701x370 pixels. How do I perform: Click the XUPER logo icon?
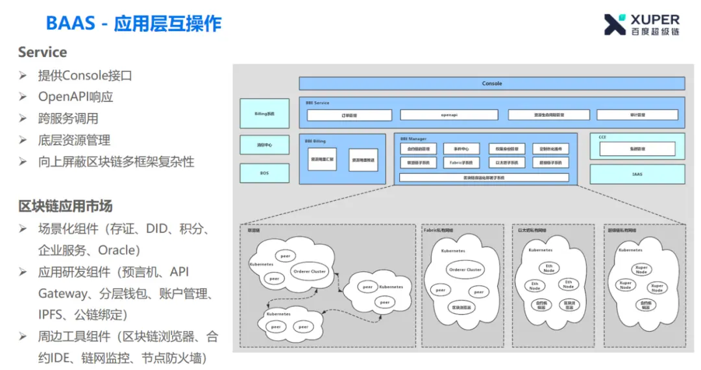tap(615, 24)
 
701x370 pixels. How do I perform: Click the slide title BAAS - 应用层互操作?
tap(134, 24)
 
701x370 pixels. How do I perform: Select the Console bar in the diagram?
tap(491, 84)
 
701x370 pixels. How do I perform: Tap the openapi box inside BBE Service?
tap(449, 115)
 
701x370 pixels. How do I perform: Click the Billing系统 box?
tap(265, 114)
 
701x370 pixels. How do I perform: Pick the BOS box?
tap(265, 173)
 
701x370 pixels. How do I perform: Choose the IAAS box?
tap(637, 174)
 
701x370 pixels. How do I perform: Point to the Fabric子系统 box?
tap(461, 162)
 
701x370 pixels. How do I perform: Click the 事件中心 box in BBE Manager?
tap(461, 149)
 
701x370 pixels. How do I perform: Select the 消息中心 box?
tap(265, 145)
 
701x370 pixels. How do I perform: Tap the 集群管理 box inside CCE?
tap(637, 149)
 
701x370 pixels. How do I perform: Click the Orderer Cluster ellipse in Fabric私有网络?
tap(465, 269)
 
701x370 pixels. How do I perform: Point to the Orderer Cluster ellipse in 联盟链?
tap(309, 271)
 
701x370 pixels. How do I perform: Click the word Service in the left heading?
tap(42, 53)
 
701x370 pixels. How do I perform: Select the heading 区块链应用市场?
tap(66, 206)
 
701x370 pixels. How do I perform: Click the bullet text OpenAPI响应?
tap(75, 97)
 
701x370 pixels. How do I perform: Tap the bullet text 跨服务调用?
tap(68, 118)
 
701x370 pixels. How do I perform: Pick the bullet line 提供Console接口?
tap(85, 75)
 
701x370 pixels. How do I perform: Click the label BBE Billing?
tap(315, 140)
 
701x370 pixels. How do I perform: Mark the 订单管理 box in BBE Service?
tap(349, 115)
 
